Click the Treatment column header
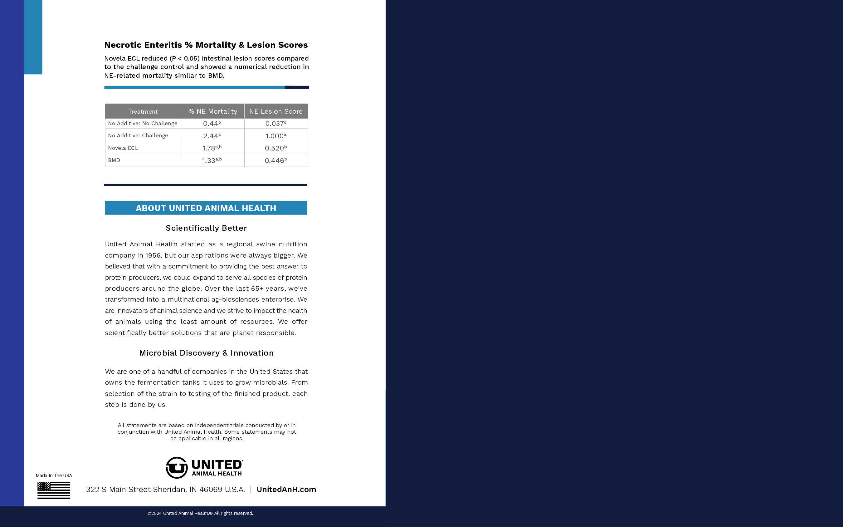point(143,111)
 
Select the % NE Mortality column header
point(212,111)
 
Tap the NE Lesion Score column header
point(276,111)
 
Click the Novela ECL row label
point(123,148)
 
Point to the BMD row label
point(114,160)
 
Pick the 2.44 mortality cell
point(212,136)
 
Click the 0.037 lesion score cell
point(276,123)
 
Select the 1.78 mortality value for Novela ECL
point(212,148)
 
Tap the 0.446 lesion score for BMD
point(276,160)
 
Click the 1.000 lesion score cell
point(276,136)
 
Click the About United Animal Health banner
point(206,208)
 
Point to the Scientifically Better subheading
point(206,228)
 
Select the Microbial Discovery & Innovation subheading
point(206,353)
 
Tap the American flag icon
point(54,490)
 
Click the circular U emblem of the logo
point(177,467)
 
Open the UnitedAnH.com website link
point(286,489)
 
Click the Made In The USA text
point(54,475)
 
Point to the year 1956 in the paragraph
point(153,255)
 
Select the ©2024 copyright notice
point(200,513)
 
